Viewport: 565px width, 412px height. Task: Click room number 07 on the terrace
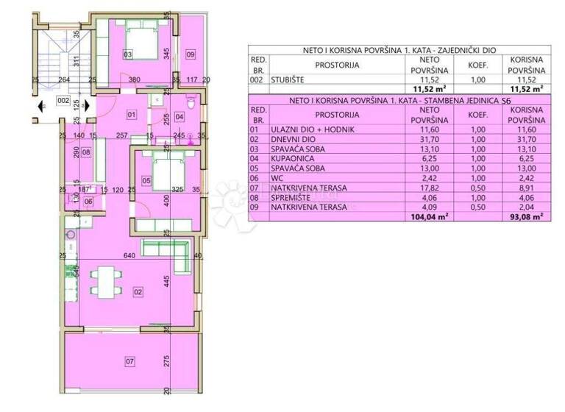coord(130,361)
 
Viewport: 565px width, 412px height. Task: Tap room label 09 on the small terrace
coord(191,54)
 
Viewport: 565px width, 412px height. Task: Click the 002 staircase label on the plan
coord(63,100)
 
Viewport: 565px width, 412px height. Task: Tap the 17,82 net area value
coord(430,188)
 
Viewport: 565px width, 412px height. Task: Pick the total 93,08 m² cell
coord(527,217)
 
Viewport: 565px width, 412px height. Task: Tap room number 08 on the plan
coord(86,153)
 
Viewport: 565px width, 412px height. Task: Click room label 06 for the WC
coord(88,201)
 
